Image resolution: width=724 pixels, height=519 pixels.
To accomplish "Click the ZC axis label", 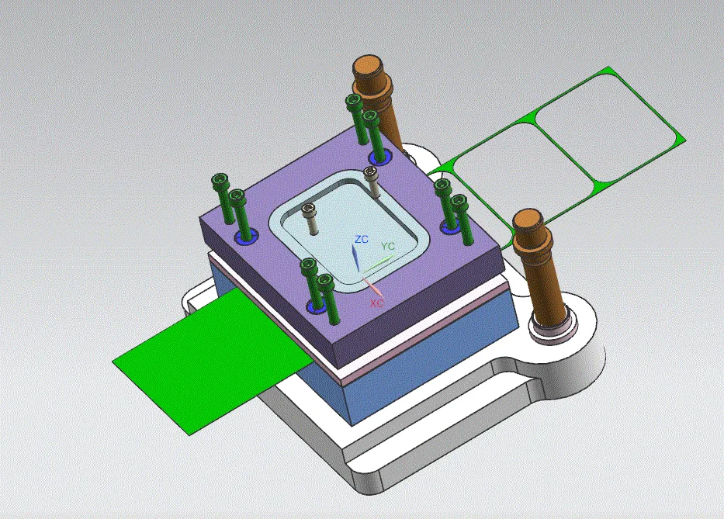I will point(362,239).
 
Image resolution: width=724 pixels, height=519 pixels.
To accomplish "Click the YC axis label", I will point(388,246).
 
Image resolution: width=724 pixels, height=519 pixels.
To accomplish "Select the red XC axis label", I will point(377,303).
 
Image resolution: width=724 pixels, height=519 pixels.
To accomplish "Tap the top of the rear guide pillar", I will point(373,64).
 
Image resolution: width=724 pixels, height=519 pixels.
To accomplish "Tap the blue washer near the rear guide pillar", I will point(379,158).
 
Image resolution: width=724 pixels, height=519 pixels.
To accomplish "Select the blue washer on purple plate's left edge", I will point(244,234).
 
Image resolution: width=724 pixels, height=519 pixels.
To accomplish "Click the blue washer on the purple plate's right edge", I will point(449,226).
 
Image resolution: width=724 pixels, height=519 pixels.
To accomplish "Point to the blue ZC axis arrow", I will point(355,257).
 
